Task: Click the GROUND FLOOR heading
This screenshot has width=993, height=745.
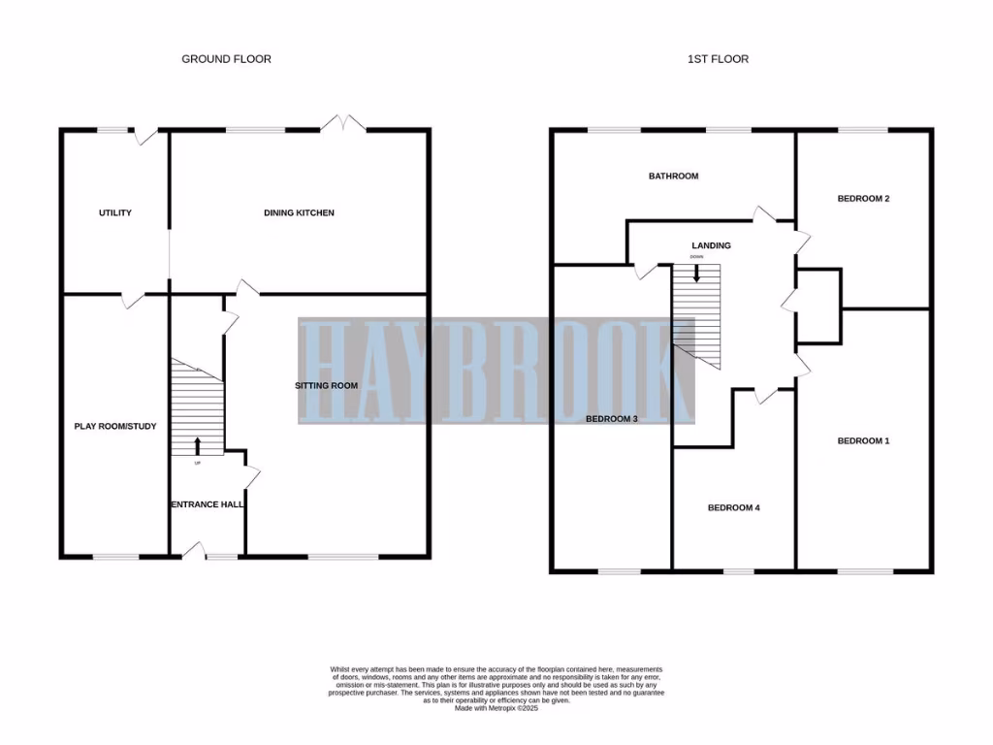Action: click(226, 59)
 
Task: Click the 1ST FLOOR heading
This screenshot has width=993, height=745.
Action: click(717, 59)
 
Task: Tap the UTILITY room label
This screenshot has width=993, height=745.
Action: click(114, 212)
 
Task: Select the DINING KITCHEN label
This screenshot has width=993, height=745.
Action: click(299, 212)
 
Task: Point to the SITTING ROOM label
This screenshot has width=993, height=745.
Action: click(327, 385)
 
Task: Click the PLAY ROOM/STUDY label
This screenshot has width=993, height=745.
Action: click(115, 426)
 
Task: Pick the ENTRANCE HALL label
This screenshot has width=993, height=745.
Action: click(208, 504)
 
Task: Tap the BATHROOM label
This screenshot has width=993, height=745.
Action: click(673, 177)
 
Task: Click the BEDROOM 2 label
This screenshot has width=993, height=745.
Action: click(863, 198)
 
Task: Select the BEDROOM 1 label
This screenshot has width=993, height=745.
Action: click(863, 440)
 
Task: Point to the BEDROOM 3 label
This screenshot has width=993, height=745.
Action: click(611, 419)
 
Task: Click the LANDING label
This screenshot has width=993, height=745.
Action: click(711, 245)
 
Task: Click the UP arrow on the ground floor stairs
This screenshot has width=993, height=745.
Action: click(198, 446)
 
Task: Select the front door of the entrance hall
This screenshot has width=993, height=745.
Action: click(194, 553)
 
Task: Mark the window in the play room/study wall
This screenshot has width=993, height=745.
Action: click(115, 557)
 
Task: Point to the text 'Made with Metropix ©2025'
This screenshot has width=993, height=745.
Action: click(496, 708)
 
